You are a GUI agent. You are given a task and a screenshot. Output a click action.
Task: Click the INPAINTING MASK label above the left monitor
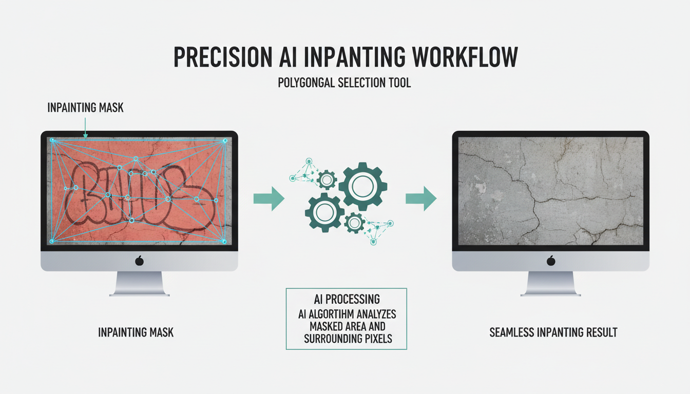pyautogui.click(x=85, y=108)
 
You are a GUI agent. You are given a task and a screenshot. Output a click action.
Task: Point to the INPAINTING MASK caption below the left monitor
pyautogui.click(x=136, y=332)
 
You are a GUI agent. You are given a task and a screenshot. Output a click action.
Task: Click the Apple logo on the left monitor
pyautogui.click(x=139, y=261)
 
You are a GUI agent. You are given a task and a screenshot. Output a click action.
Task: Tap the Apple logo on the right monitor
pyautogui.click(x=551, y=261)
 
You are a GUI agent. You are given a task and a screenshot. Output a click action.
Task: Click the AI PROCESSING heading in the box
pyautogui.click(x=347, y=299)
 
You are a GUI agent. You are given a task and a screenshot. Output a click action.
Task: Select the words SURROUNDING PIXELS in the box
pyautogui.click(x=347, y=339)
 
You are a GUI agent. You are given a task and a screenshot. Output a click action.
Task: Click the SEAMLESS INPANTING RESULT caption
pyautogui.click(x=553, y=332)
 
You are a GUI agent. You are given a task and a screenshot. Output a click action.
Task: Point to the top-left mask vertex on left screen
pyautogui.click(x=52, y=140)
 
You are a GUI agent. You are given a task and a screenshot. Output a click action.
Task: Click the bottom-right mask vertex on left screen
pyautogui.click(x=224, y=241)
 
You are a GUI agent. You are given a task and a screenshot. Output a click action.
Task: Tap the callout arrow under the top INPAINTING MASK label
pyautogui.click(x=85, y=128)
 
